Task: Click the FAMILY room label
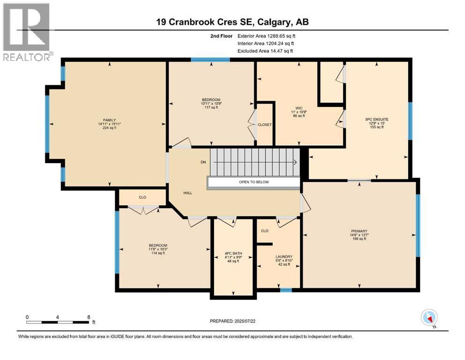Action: coord(110,120)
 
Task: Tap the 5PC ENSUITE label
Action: coord(376,120)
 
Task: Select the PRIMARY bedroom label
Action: coord(359,231)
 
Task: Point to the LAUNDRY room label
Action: coord(284,257)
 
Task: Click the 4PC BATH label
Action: coord(233,254)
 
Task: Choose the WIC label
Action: coord(299,108)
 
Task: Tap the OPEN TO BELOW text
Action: coord(254,182)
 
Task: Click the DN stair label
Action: coord(203,162)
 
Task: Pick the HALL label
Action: coord(188,193)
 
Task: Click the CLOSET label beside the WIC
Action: coord(265,125)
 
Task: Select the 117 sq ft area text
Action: coord(211,107)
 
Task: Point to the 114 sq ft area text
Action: coord(158,253)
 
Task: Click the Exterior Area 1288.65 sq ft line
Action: coord(266,36)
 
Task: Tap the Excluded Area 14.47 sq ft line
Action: coord(265,51)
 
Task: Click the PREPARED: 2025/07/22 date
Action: coord(232,321)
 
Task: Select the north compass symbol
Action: coord(429,318)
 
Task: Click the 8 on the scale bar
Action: coord(89,317)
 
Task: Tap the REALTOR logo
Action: coord(27,32)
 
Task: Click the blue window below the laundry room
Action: coord(286,290)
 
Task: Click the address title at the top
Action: coord(232,22)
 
